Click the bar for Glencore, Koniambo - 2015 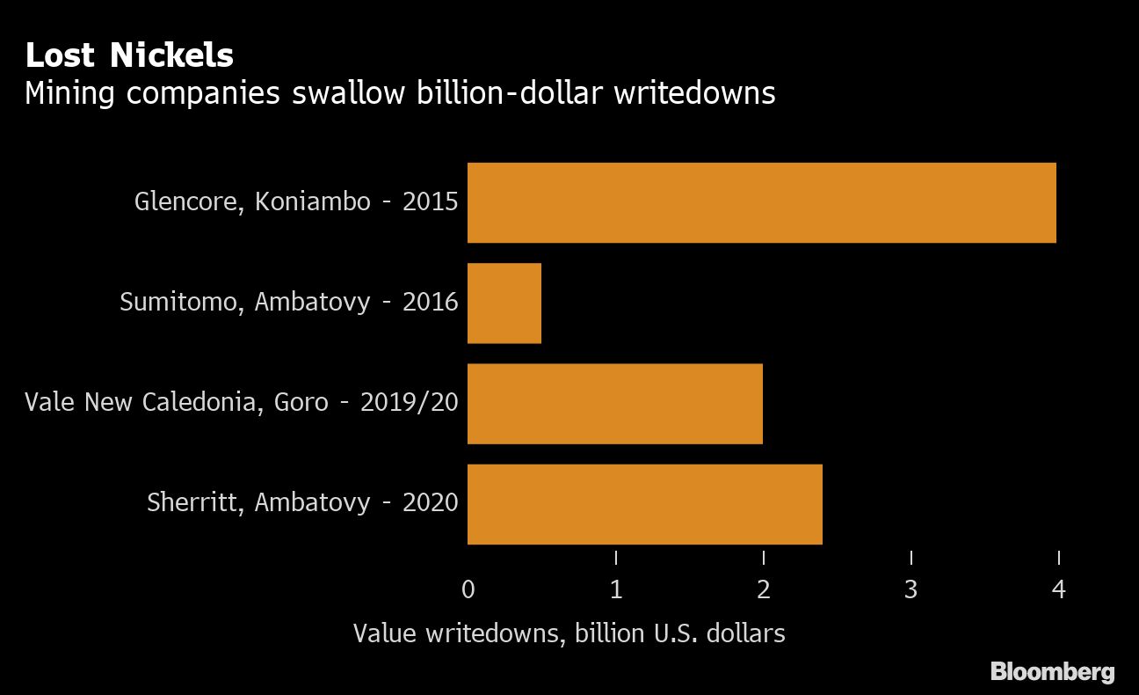tap(761, 202)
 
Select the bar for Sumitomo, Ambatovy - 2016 tap(504, 303)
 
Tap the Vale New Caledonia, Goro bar tap(614, 403)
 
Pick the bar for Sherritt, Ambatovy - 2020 tap(644, 503)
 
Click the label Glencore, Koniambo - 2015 tap(296, 201)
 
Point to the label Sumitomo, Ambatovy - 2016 tap(288, 302)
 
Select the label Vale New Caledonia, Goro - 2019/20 tap(242, 402)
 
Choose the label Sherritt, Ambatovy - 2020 tap(302, 502)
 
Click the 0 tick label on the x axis tap(468, 589)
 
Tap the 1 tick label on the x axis tap(616, 589)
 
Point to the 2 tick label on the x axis tap(764, 589)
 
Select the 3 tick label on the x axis tap(911, 589)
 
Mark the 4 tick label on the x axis tap(1059, 589)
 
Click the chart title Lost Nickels tap(129, 56)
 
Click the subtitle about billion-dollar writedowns tap(400, 93)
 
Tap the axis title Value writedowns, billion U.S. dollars tap(569, 633)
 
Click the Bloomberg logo tap(1052, 673)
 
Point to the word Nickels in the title tap(171, 56)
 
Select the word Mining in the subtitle tap(69, 93)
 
